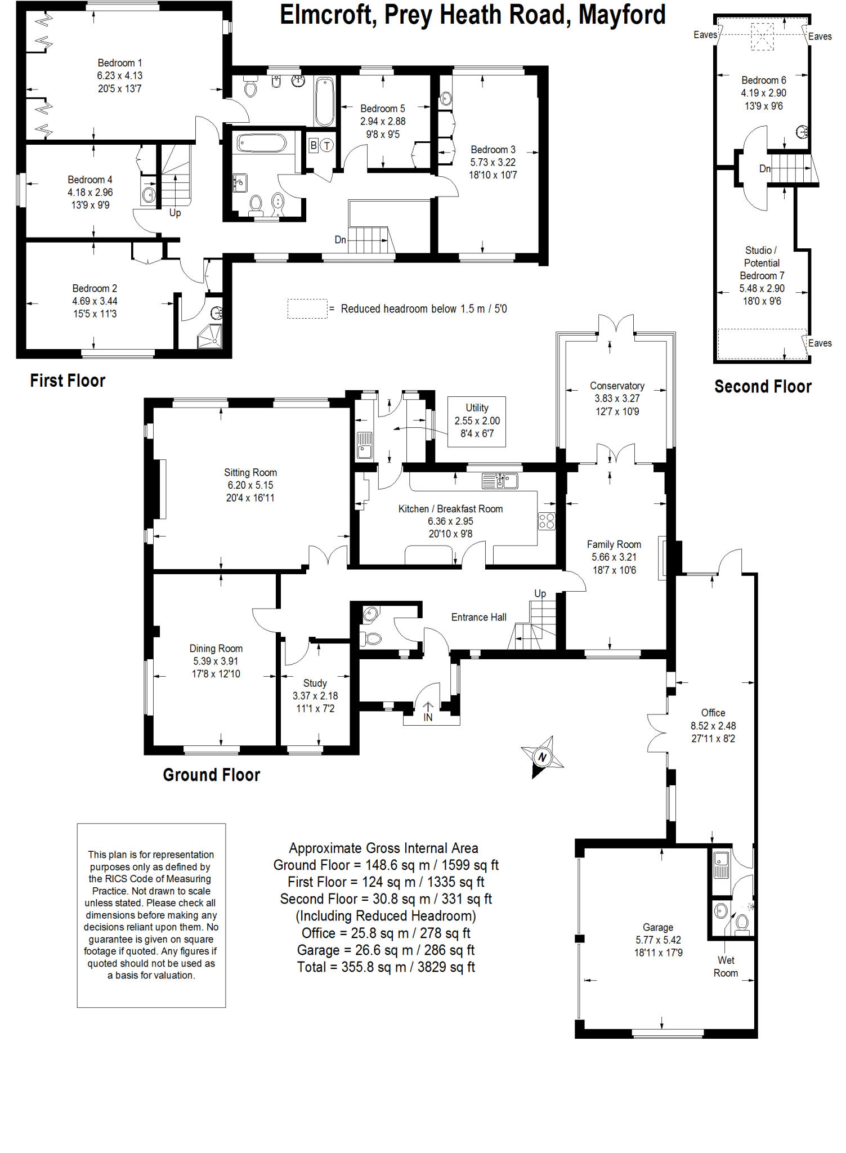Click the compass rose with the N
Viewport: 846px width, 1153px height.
pyautogui.click(x=542, y=756)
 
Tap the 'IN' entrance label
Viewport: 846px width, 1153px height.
pyautogui.click(x=428, y=717)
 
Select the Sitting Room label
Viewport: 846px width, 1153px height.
pyautogui.click(x=250, y=472)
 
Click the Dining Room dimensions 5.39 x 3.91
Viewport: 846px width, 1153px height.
pyautogui.click(x=216, y=661)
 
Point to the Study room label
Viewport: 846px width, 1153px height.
pyautogui.click(x=315, y=683)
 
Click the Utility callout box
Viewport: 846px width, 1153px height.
pyautogui.click(x=477, y=421)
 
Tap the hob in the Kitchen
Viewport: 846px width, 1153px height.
pyautogui.click(x=547, y=521)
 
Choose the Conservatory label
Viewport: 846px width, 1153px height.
pyautogui.click(x=617, y=386)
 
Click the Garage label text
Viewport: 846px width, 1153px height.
pyautogui.click(x=657, y=927)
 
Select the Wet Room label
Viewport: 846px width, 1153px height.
pyautogui.click(x=726, y=967)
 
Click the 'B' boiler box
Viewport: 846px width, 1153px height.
pyautogui.click(x=314, y=145)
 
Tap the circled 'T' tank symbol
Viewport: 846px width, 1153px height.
pyautogui.click(x=327, y=145)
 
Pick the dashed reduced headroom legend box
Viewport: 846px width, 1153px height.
pyautogui.click(x=307, y=309)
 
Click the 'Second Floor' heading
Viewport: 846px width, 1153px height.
pyautogui.click(x=763, y=387)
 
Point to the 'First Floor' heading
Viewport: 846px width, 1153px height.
pyautogui.click(x=68, y=381)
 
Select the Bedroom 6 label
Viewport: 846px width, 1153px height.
pyautogui.click(x=763, y=80)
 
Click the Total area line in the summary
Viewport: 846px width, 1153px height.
pyautogui.click(x=386, y=967)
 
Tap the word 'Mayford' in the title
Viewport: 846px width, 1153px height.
pyautogui.click(x=622, y=15)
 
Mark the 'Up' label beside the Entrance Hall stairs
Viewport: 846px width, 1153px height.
pyautogui.click(x=540, y=593)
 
